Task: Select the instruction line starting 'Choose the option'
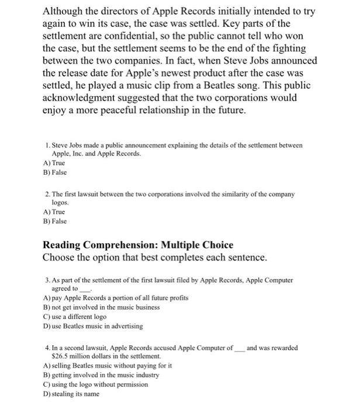(155, 258)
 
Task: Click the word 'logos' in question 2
(61, 202)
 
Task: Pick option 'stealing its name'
(72, 394)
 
